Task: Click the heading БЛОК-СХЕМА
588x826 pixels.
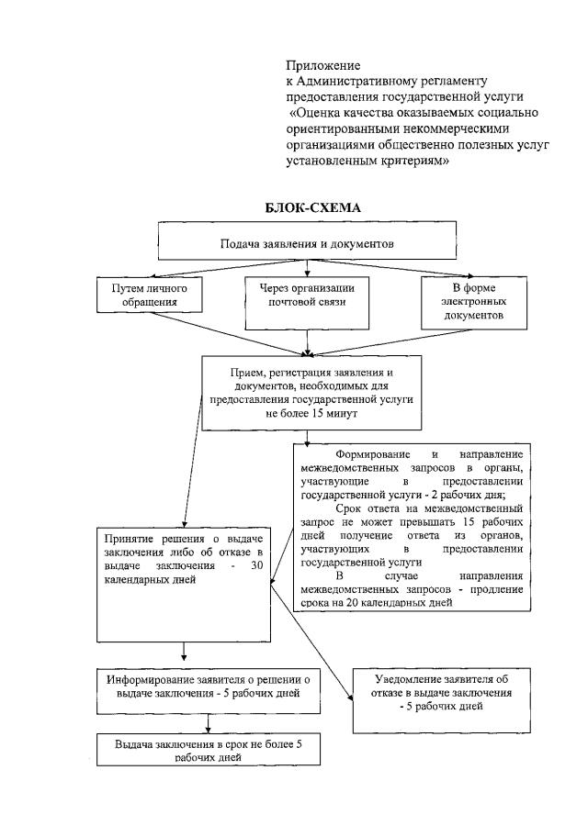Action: (x=308, y=208)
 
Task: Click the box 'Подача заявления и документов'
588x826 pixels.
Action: (x=307, y=244)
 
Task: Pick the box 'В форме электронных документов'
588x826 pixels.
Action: (x=474, y=301)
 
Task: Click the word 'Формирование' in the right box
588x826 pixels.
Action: (x=373, y=455)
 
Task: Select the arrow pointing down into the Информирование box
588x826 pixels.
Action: (x=187, y=653)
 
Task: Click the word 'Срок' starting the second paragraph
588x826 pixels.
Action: (x=353, y=508)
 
